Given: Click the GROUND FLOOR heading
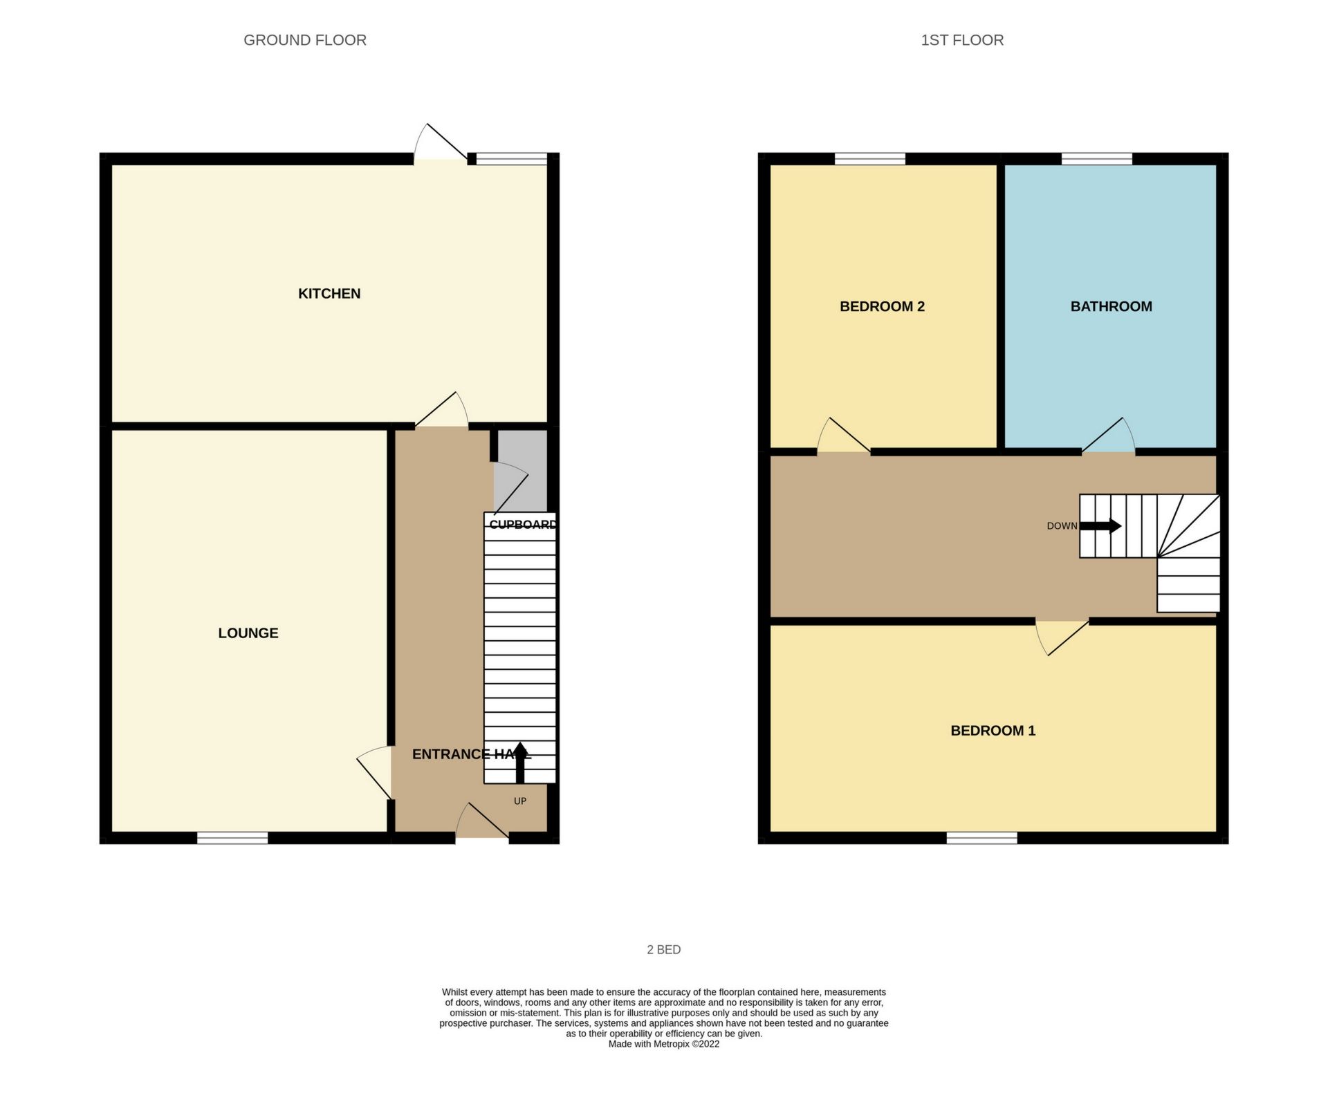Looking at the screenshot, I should tap(305, 40).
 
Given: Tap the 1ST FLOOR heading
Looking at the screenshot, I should tap(962, 40).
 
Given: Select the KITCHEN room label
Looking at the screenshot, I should tap(329, 294).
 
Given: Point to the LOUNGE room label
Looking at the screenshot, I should tap(248, 633).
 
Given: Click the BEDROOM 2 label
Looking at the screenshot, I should tap(882, 306).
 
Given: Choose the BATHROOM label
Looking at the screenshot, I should tap(1111, 306).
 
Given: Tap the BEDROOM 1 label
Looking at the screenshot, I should tap(993, 731).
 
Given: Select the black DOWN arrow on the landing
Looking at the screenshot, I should tap(1100, 526).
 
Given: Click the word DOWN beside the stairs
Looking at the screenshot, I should tap(1062, 526).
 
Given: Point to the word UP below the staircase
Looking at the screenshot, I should tap(520, 801).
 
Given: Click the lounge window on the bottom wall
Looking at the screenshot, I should tap(232, 838).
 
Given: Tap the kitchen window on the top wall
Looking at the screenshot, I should tap(512, 159).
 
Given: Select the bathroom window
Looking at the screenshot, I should tap(1097, 159).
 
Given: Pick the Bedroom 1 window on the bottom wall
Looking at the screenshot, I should tap(982, 838).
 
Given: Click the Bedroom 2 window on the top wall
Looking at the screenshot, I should tap(870, 159).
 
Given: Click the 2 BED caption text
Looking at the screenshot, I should tap(664, 950).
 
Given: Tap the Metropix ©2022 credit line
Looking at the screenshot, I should tap(664, 1044).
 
